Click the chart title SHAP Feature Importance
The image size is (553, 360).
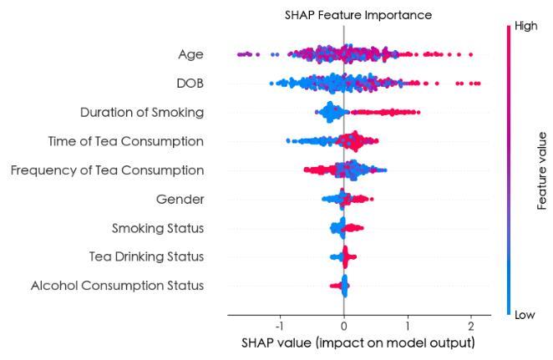(346, 14)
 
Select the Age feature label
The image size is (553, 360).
(190, 55)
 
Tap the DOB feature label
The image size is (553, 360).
(188, 84)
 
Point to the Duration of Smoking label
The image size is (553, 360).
(142, 112)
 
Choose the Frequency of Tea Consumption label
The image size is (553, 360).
(107, 170)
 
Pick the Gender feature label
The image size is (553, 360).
(180, 199)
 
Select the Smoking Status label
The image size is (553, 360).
(158, 228)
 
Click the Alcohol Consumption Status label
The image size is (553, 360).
(117, 286)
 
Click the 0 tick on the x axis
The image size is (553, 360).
(343, 325)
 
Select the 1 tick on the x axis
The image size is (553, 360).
(408, 325)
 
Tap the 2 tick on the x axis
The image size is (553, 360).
(471, 325)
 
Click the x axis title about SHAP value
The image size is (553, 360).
(358, 343)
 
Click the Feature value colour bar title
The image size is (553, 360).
(541, 170)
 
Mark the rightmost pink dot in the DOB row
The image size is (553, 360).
(477, 84)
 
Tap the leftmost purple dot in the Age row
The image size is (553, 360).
(240, 55)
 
